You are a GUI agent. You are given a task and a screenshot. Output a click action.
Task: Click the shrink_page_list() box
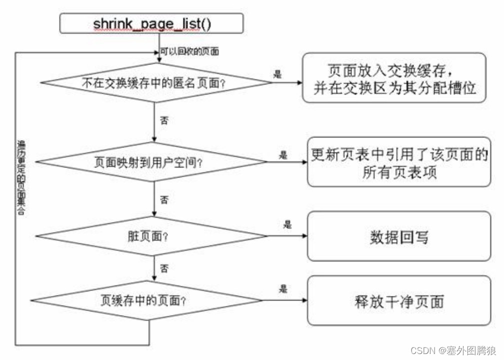click(151, 23)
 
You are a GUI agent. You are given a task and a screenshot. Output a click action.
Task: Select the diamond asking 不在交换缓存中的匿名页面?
click(152, 84)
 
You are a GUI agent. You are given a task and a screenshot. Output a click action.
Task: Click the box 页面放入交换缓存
click(394, 77)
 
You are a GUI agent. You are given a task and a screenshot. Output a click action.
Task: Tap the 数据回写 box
click(399, 236)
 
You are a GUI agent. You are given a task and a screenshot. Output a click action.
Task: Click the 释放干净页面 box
click(399, 301)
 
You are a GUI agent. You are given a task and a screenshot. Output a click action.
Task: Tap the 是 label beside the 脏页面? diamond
click(287, 225)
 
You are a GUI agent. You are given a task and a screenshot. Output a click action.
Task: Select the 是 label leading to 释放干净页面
click(284, 289)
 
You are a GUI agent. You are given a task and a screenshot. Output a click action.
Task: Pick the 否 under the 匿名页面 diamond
click(163, 120)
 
